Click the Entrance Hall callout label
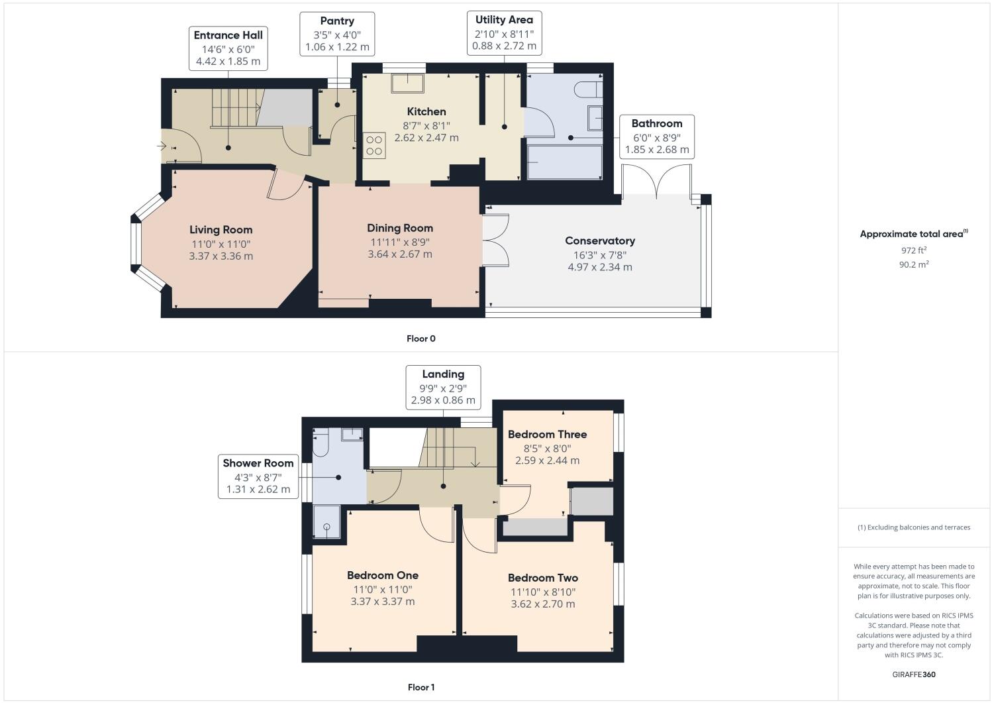click(228, 48)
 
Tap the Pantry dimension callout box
click(337, 34)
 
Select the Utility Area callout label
click(504, 32)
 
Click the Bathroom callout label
click(656, 136)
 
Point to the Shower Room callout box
click(258, 476)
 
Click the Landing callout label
click(443, 387)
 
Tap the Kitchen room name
click(426, 111)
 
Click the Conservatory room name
click(599, 241)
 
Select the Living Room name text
click(221, 230)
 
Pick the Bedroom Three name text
click(547, 435)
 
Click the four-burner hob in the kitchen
click(374, 146)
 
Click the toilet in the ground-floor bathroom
click(589, 89)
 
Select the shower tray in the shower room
click(326, 522)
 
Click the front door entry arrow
click(162, 146)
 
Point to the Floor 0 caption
click(421, 339)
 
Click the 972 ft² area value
click(913, 250)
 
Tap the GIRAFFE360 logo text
click(913, 675)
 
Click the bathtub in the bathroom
click(564, 162)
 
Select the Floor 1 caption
click(421, 687)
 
